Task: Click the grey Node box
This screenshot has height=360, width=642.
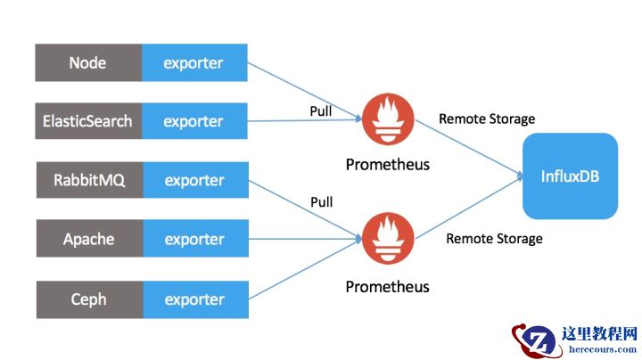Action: coord(87,62)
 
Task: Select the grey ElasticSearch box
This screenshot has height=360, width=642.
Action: coord(87,121)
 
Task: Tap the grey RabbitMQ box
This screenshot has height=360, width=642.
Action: coord(87,180)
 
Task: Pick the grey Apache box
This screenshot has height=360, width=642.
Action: coord(87,239)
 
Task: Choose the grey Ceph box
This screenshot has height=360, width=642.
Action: coord(87,299)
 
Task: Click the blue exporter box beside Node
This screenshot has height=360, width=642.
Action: coord(193,62)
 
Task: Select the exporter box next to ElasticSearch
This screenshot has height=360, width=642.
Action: coord(193,121)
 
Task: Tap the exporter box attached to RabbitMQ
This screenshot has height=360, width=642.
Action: coord(193,180)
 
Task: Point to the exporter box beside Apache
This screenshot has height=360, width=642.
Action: coord(193,239)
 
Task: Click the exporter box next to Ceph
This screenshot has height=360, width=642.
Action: coord(193,299)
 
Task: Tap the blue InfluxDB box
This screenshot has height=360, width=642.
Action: coord(570,176)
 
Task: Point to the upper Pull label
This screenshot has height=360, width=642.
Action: coord(320,111)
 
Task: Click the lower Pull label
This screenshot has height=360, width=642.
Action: coord(320,202)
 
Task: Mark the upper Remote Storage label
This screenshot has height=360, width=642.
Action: coord(487,119)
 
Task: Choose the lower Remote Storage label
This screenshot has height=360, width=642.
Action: coord(494,238)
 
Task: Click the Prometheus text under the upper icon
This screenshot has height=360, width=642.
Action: coord(387,165)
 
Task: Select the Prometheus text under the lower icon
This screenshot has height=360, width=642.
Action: coord(387,287)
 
